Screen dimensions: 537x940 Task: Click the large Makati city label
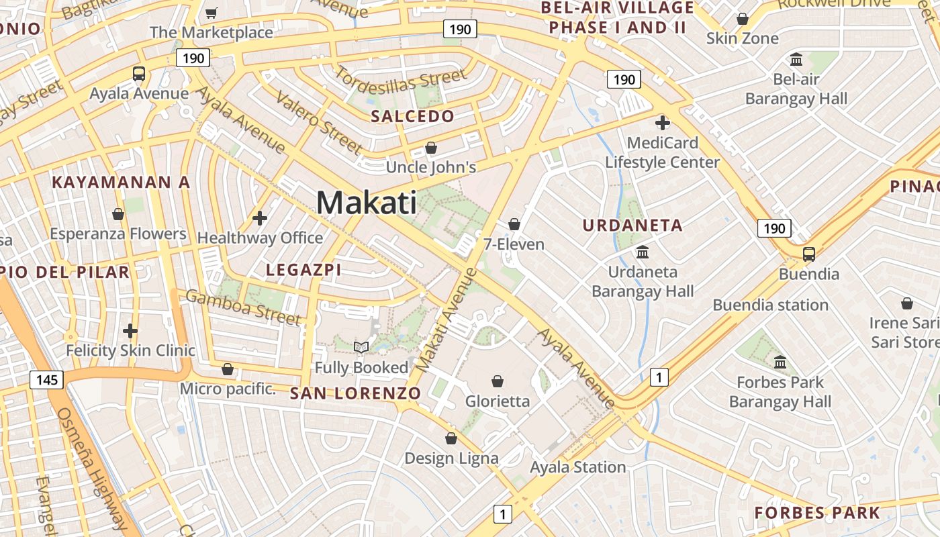tap(366, 202)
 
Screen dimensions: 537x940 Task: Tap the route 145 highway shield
tap(47, 381)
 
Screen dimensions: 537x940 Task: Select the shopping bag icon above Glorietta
tap(498, 381)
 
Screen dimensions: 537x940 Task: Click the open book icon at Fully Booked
tap(361, 347)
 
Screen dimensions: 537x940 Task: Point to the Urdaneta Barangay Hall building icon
tap(643, 252)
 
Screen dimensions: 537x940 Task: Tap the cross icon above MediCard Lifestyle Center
tap(663, 122)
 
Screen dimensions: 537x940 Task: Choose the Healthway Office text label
tap(260, 238)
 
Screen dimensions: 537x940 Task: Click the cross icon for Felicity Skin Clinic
tap(130, 330)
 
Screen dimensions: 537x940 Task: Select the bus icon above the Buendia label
tap(809, 254)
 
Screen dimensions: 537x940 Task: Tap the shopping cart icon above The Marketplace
tap(211, 12)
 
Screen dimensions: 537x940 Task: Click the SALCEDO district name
tap(413, 116)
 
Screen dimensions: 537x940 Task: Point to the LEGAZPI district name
tap(304, 270)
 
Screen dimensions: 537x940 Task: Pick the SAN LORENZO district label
tap(356, 393)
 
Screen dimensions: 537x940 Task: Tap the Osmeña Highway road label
tap(94, 470)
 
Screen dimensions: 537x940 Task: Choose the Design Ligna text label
tap(451, 458)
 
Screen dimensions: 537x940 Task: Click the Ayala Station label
tap(578, 467)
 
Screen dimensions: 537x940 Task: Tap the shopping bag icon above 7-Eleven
tap(514, 224)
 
